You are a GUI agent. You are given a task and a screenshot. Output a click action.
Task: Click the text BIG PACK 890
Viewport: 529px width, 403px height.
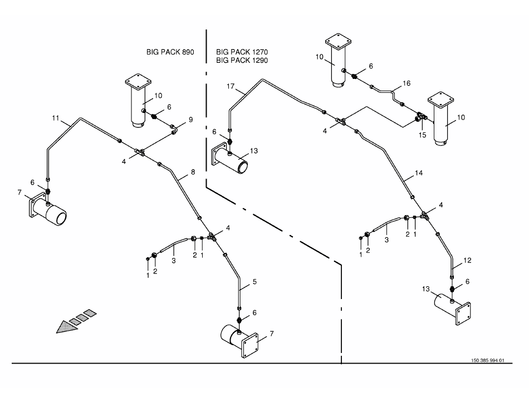[170, 52]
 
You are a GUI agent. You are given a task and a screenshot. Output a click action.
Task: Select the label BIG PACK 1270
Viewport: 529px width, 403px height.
[242, 52]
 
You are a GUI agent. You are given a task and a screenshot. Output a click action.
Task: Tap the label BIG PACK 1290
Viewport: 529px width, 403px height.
[242, 59]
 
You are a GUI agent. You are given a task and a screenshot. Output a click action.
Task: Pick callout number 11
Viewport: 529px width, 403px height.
[55, 118]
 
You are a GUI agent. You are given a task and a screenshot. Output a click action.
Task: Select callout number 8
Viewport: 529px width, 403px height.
[193, 172]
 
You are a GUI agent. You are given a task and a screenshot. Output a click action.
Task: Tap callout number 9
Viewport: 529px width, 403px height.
[190, 119]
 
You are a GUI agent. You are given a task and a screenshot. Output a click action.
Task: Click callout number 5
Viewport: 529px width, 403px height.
[254, 282]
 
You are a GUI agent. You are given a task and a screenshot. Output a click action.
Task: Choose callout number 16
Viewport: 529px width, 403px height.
[406, 83]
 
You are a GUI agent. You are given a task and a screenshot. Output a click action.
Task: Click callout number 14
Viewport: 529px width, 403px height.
[419, 173]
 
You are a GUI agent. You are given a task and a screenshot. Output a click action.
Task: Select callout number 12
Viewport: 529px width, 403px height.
[468, 260]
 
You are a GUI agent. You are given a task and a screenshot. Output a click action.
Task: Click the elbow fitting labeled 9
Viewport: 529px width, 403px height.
[174, 129]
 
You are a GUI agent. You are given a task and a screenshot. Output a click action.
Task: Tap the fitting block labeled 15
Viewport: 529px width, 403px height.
[421, 118]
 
